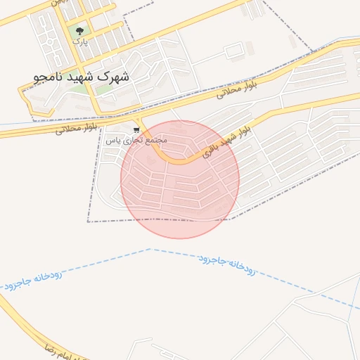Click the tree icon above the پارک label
click(x=79, y=31)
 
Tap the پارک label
click(x=80, y=41)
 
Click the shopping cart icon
click(x=136, y=130)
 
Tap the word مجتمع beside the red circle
click(x=155, y=140)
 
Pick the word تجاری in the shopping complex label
click(x=131, y=140)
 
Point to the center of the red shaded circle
click(x=180, y=179)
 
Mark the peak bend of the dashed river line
click(x=150, y=249)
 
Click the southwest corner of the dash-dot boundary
click(x=88, y=221)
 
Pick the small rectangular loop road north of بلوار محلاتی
click(x=235, y=51)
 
